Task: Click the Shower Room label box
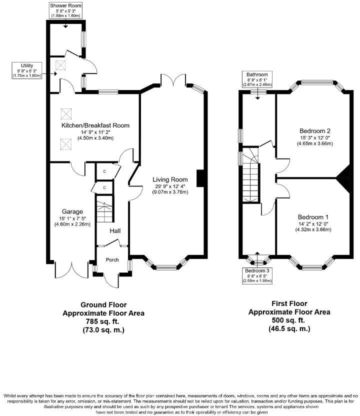click(66, 10)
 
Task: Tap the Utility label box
click(27, 70)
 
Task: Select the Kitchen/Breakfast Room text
click(95, 125)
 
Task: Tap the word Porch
click(112, 259)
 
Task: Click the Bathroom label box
click(258, 80)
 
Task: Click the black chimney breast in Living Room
click(201, 178)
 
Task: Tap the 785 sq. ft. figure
click(103, 321)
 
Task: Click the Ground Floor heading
click(103, 304)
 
